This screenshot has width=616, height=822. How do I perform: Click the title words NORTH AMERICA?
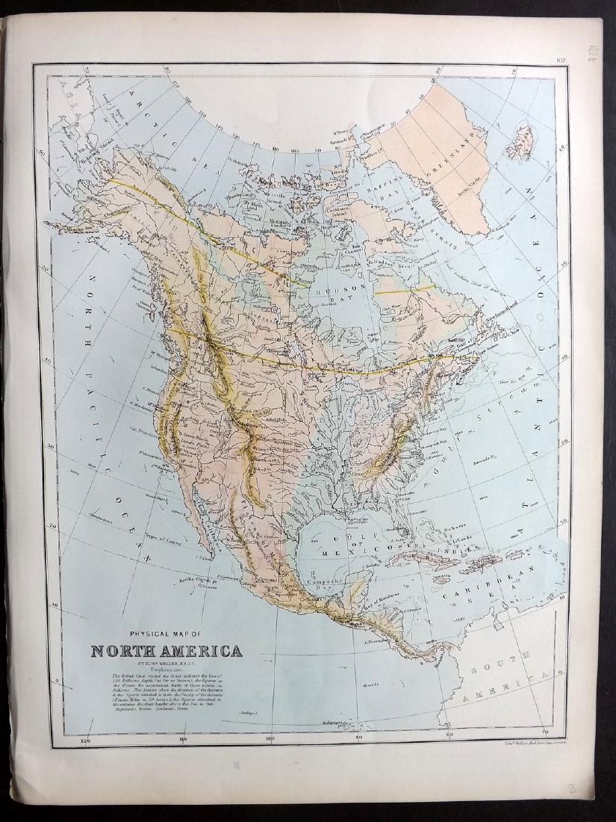[167, 649]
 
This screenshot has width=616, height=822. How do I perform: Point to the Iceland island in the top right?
[520, 142]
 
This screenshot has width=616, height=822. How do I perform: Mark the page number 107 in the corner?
[562, 61]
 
